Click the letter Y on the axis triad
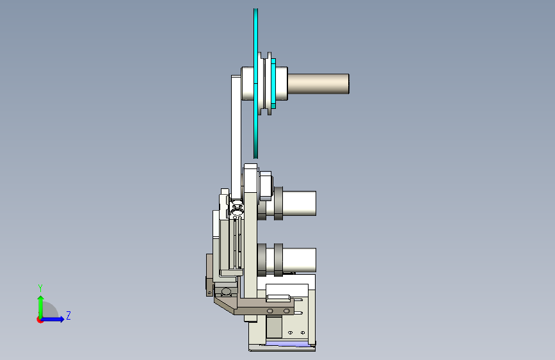click(40, 288)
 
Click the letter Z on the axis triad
click(68, 315)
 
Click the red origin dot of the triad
click(40, 320)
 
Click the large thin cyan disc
click(255, 83)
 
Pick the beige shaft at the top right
click(318, 84)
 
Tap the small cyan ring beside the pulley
click(273, 84)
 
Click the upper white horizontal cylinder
click(299, 204)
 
